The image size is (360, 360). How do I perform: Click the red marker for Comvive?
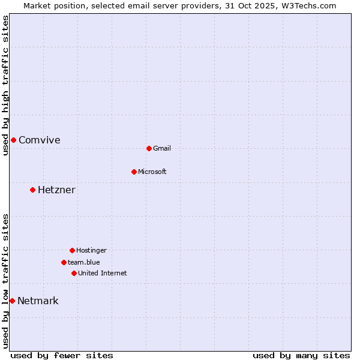click(x=13, y=140)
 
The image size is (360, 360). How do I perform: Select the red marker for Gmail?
click(x=149, y=148)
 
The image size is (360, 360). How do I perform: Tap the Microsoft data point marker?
click(x=134, y=172)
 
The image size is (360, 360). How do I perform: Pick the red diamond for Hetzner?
click(x=32, y=190)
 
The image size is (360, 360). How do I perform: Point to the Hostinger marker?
click(x=72, y=250)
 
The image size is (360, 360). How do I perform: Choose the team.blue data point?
click(x=64, y=262)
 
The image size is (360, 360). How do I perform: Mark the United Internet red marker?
click(x=74, y=273)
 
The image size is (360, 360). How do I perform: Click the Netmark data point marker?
click(x=12, y=301)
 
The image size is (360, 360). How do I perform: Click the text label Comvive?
click(x=39, y=140)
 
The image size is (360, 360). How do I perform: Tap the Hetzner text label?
click(x=56, y=190)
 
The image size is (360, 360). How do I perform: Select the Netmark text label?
click(x=38, y=301)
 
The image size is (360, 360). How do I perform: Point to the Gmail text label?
click(x=162, y=149)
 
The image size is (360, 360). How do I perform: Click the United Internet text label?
click(x=102, y=274)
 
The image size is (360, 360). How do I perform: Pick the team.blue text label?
click(x=83, y=263)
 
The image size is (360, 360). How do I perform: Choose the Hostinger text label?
click(x=91, y=251)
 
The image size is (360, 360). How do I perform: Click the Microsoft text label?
click(x=152, y=172)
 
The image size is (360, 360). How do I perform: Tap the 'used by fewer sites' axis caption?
click(x=62, y=355)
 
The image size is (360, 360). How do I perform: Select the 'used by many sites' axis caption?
click(x=301, y=355)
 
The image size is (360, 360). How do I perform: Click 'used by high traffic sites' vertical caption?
click(x=5, y=85)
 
